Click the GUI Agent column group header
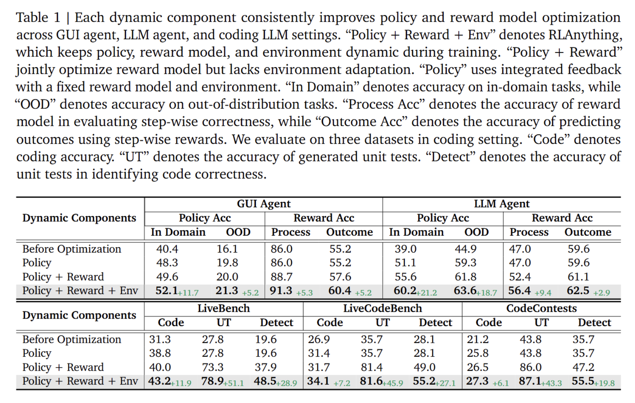[x=263, y=204]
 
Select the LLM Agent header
[x=501, y=204]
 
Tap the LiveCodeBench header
[x=382, y=308]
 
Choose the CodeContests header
[x=541, y=308]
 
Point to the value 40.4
[x=167, y=249]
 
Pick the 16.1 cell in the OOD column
[x=227, y=249]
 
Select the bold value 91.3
[x=281, y=291]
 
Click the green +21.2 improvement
[x=427, y=293]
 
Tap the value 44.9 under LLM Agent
[x=466, y=249]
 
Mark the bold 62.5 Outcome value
[x=578, y=291]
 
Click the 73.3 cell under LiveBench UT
[x=213, y=367]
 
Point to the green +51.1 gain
[x=234, y=383]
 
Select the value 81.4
[x=371, y=367]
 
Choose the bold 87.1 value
[x=530, y=381]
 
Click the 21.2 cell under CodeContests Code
[x=477, y=339]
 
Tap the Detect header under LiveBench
[x=276, y=322]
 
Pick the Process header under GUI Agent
[x=290, y=232]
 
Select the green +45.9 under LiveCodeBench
[x=393, y=383]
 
